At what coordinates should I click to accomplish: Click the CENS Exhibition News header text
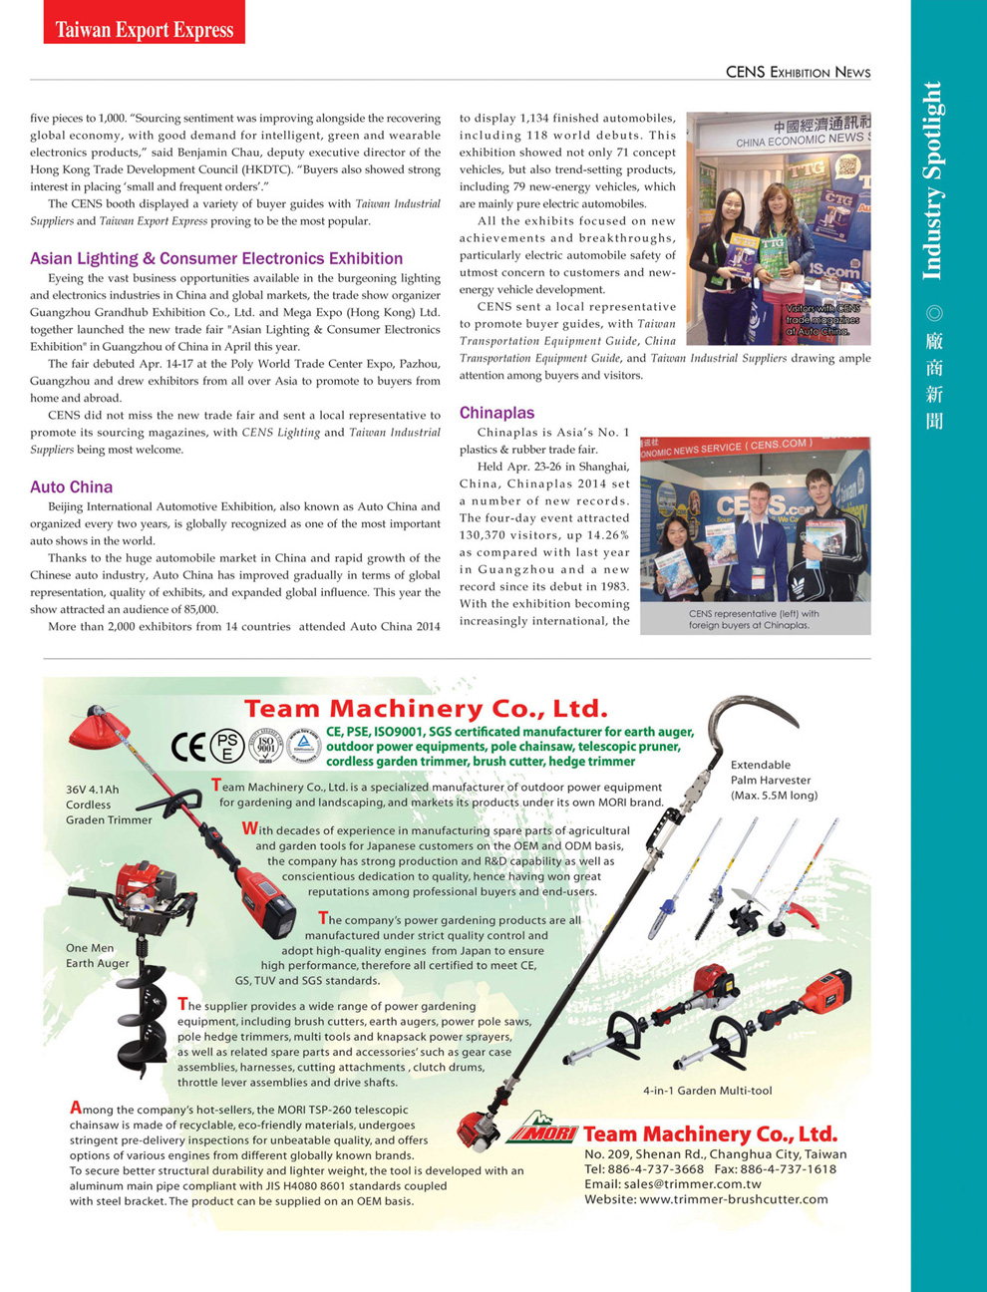point(798,72)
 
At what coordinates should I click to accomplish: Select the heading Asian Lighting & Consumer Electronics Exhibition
point(216,258)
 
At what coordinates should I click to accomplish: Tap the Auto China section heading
point(71,486)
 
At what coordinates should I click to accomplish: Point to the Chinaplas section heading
point(496,413)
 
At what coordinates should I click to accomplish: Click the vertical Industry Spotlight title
point(932,179)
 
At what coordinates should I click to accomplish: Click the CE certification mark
point(188,746)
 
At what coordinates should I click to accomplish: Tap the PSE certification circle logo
point(227,746)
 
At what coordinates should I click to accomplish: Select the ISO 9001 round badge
point(265,745)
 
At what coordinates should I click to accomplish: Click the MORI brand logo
point(542,1132)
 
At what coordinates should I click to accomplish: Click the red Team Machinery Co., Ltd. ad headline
point(426,709)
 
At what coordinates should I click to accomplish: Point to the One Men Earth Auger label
point(97,955)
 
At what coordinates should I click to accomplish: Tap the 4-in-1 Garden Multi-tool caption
point(707,1091)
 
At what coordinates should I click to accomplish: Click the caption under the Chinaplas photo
point(754,619)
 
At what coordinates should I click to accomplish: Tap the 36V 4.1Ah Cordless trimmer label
point(109,805)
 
